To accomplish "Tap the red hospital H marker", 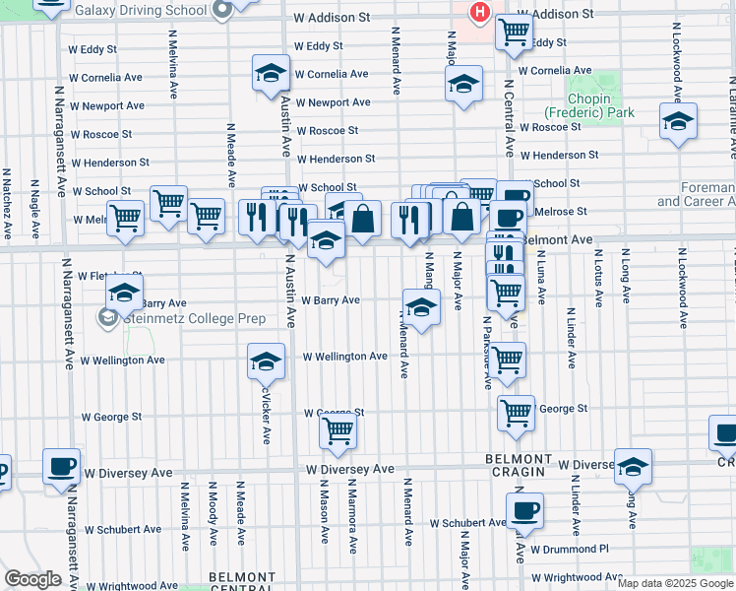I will tap(479, 12).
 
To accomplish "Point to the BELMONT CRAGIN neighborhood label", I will tap(519, 466).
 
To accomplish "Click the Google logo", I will tap(32, 579).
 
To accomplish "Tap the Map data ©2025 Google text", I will tap(675, 583).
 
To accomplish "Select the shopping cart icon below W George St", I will tap(337, 430).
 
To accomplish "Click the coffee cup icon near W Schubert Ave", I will tap(523, 509).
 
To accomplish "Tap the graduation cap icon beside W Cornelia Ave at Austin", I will tap(271, 72).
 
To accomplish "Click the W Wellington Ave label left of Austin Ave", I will tap(123, 361).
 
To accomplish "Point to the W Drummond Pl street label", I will tap(570, 549).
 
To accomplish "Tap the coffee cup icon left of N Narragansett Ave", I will tap(61, 465).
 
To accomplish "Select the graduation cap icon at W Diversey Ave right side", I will tap(633, 466).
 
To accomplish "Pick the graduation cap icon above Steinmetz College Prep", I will tap(125, 293).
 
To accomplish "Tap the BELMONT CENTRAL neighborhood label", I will tap(242, 582).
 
